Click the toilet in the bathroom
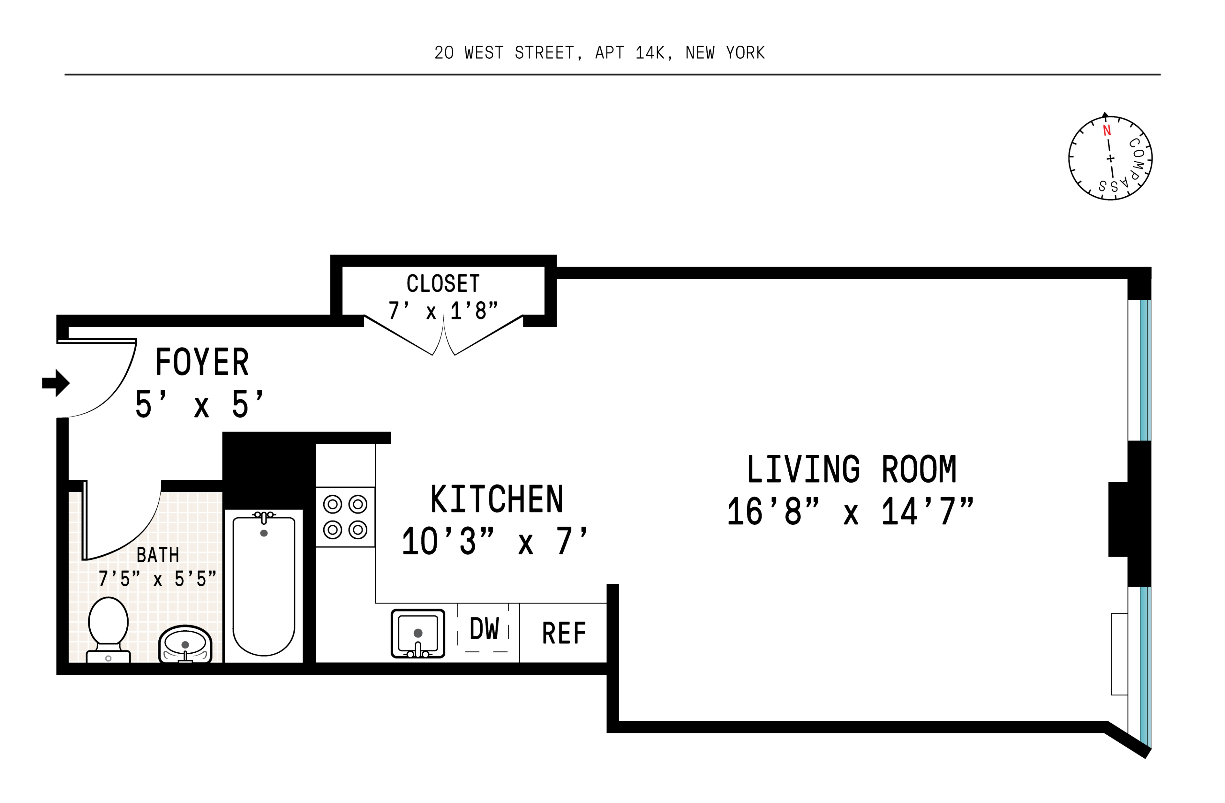click(x=108, y=629)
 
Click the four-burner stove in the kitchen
click(x=345, y=517)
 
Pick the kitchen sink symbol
click(x=417, y=634)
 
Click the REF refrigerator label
click(x=564, y=633)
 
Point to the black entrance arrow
click(x=56, y=383)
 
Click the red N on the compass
click(x=1106, y=131)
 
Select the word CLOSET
click(x=443, y=284)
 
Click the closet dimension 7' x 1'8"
click(x=443, y=311)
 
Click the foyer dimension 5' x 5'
click(x=200, y=405)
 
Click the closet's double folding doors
click(x=443, y=336)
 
